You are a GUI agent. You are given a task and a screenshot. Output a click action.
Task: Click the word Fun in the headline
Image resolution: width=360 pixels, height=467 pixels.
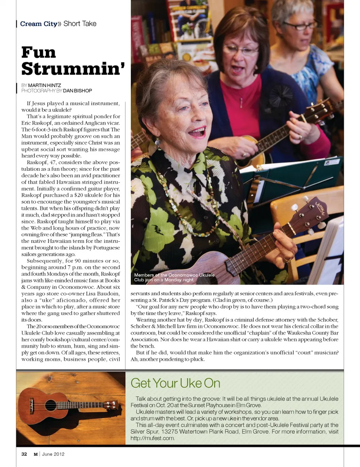[39, 52]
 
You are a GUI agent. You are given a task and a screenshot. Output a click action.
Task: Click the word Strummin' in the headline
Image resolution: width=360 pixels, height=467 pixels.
[73, 69]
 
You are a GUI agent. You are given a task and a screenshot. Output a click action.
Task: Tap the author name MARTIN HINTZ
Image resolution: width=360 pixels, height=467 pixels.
[44, 85]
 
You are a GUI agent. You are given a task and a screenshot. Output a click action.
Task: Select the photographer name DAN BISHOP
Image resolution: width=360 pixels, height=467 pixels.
[77, 90]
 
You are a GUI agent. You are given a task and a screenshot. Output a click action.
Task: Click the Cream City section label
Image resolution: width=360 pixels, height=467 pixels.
[38, 24]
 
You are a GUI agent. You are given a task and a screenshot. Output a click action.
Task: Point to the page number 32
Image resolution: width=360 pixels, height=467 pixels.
[24, 454]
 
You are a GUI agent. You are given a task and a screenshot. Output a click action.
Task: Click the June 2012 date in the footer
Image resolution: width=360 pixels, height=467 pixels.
[53, 454]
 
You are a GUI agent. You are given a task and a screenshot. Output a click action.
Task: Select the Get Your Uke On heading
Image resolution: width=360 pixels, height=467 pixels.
[175, 383]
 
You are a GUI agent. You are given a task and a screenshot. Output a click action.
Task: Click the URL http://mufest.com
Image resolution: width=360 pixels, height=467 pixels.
[152, 438]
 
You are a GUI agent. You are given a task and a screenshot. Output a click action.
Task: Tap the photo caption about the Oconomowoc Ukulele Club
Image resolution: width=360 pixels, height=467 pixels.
[174, 277]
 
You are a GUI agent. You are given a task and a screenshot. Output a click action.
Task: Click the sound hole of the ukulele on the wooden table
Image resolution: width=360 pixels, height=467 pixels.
[51, 405]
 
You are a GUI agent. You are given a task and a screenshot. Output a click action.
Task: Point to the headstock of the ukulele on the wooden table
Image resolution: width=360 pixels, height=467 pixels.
[110, 405]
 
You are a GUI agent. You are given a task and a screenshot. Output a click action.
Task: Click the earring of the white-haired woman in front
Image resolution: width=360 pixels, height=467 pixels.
[157, 142]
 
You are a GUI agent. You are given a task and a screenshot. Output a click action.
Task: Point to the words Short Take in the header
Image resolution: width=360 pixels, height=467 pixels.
[80, 24]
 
